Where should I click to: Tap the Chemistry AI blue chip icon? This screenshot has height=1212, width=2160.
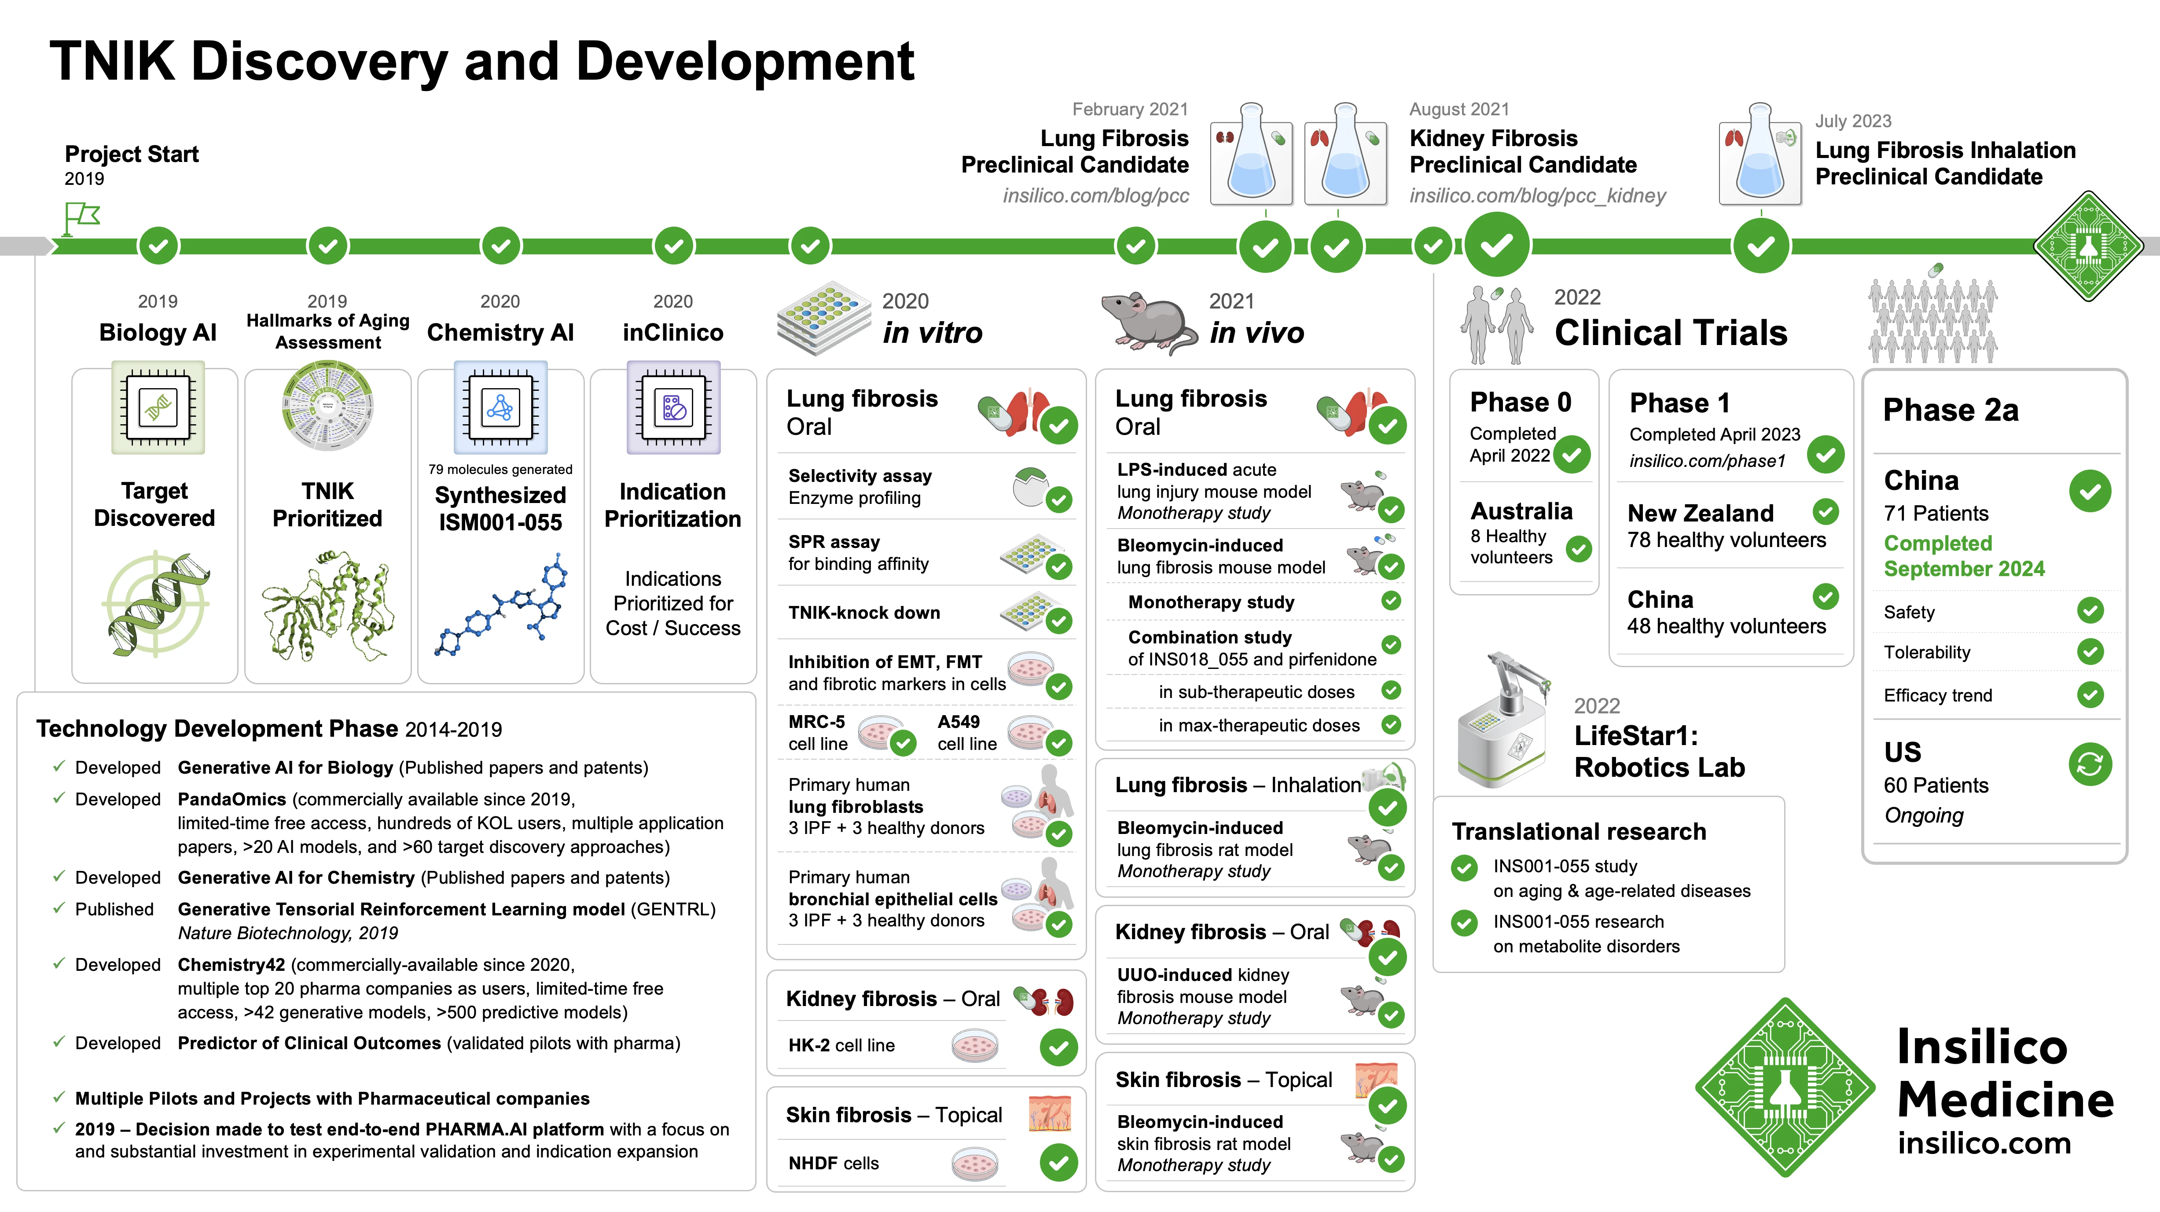coord(500,408)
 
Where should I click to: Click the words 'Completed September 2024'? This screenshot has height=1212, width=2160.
coord(1964,556)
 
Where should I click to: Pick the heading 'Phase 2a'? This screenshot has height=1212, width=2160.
coord(1951,410)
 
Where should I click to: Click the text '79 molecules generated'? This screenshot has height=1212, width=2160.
coord(500,470)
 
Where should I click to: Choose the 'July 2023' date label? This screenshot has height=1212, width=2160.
coord(1853,121)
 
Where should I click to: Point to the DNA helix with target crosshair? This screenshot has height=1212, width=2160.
coord(156,604)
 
